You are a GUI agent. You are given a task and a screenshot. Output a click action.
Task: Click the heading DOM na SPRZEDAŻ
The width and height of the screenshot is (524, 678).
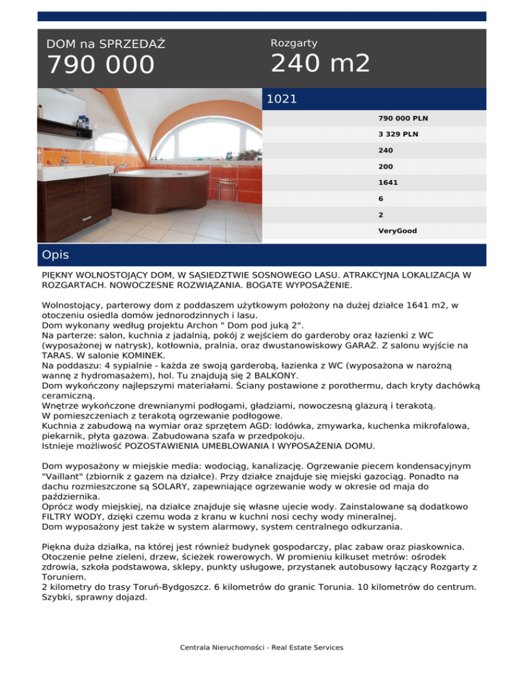coord(106,44)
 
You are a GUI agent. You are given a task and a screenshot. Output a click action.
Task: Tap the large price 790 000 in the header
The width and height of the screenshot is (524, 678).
coord(101,65)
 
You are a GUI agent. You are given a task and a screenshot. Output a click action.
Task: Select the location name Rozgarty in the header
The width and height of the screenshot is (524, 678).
coord(293,43)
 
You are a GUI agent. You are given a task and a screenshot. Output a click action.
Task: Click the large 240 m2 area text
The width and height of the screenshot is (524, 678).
coord(320,64)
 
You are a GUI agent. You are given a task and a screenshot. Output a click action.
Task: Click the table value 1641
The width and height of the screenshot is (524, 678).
coord(388,183)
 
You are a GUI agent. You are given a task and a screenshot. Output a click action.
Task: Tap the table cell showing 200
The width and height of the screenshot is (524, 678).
coord(385,166)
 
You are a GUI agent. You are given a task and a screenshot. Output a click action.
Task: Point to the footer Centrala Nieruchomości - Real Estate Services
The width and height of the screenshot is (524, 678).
coord(262,647)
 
